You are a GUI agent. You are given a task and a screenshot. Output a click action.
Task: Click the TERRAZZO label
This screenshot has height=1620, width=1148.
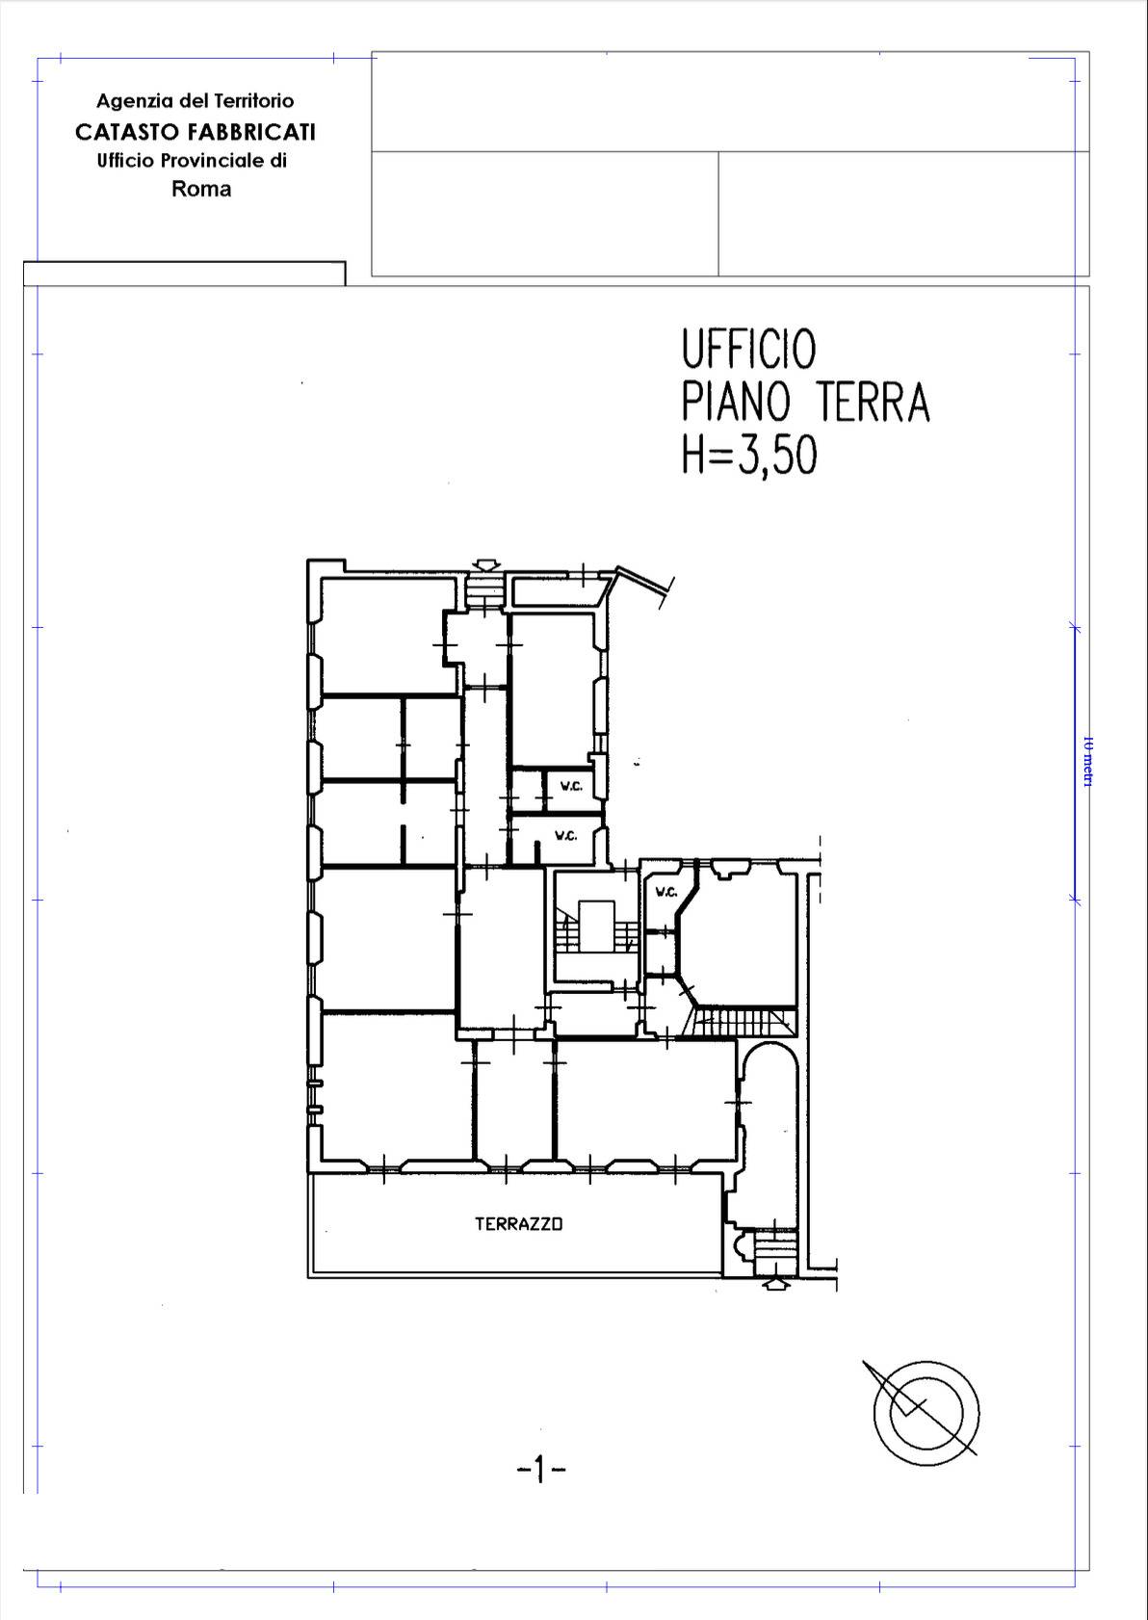518,1224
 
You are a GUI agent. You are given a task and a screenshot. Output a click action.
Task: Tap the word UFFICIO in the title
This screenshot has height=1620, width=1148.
748,349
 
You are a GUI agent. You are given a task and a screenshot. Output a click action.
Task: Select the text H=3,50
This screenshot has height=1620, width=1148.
748,455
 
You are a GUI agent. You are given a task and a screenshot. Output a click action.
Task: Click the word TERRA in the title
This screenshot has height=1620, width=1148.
874,403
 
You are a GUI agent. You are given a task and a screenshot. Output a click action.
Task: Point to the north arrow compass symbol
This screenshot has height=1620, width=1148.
925,1412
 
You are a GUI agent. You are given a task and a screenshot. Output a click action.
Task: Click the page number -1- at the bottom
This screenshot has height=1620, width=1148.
540,1470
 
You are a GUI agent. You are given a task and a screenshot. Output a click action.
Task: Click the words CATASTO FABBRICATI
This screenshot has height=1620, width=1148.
196,132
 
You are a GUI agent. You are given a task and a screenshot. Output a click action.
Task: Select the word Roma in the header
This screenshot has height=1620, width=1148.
201,189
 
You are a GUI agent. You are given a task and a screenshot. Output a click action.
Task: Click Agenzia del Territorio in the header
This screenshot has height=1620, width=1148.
195,101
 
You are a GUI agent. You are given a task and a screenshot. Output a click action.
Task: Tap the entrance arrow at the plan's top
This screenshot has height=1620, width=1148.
486,565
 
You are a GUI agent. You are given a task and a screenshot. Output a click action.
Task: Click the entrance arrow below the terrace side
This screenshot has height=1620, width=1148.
773,1283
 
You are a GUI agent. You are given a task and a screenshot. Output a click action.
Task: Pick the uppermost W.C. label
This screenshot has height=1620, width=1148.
571,787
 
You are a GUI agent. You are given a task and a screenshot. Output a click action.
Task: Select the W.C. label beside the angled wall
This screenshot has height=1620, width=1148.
666,893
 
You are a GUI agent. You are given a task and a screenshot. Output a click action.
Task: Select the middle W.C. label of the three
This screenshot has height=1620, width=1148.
565,836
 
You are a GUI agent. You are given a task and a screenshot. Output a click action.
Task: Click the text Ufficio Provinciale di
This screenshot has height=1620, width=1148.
192,161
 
